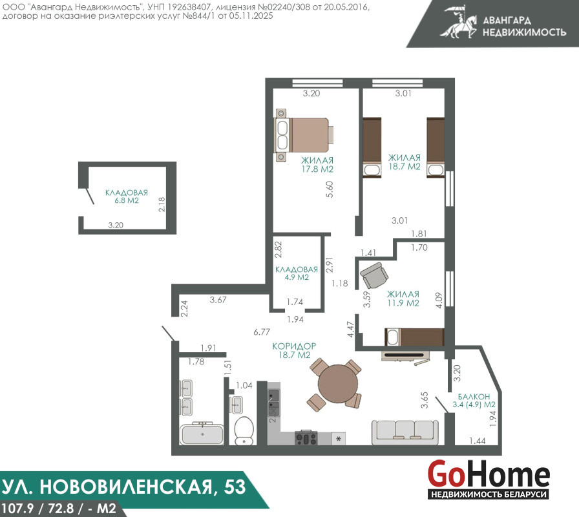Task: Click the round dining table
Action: click(x=338, y=385)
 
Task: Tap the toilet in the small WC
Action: click(x=244, y=430)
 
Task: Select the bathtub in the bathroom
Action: click(x=202, y=434)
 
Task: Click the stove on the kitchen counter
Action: click(x=306, y=438)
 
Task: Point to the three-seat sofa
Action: click(x=405, y=432)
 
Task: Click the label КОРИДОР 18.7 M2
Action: click(x=294, y=350)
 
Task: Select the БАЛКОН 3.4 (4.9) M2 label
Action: click(x=474, y=400)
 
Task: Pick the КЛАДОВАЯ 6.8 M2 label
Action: click(x=127, y=196)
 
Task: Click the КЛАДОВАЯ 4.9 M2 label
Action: click(x=297, y=273)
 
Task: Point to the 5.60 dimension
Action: click(x=330, y=189)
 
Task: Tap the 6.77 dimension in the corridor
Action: click(x=262, y=332)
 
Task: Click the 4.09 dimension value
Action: click(x=439, y=301)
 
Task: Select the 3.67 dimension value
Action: click(x=218, y=300)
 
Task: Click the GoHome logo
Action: click(x=489, y=479)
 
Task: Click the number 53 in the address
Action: click(x=235, y=487)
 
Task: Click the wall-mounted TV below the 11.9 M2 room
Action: click(x=405, y=355)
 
